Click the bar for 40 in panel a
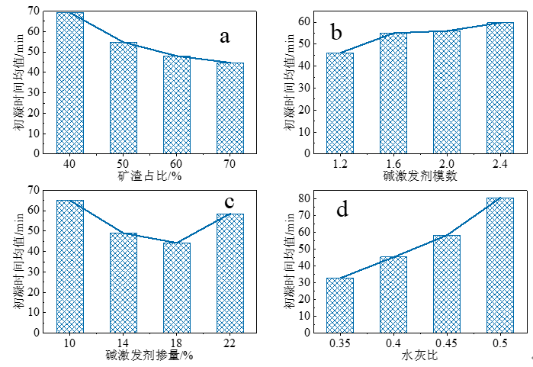click(x=70, y=82)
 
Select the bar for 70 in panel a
click(x=230, y=108)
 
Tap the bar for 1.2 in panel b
click(x=340, y=103)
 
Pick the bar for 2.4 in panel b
click(x=500, y=88)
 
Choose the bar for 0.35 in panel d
click(x=340, y=305)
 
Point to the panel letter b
click(x=336, y=32)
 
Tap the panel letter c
click(x=228, y=201)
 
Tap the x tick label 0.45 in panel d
click(x=447, y=343)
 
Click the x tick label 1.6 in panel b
click(x=393, y=164)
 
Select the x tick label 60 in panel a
click(x=177, y=163)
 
